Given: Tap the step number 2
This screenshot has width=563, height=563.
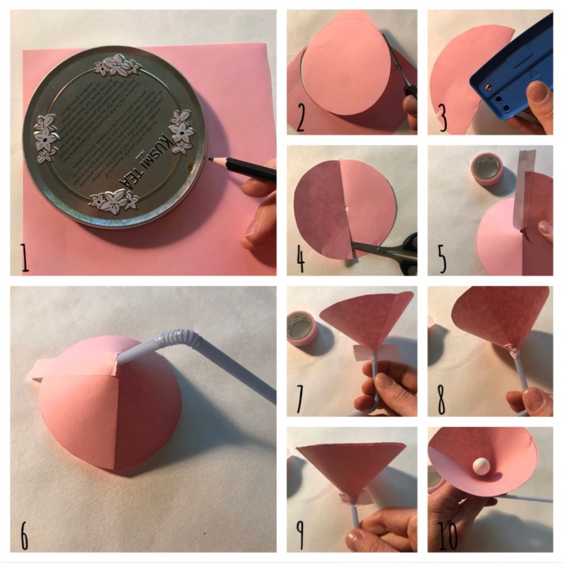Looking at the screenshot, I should pyautogui.click(x=301, y=119).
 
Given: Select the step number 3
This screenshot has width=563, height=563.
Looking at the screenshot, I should pyautogui.click(x=442, y=119).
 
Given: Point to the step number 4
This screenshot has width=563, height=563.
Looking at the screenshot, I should pyautogui.click(x=301, y=260).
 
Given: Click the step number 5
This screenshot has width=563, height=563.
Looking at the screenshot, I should pyautogui.click(x=442, y=260).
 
